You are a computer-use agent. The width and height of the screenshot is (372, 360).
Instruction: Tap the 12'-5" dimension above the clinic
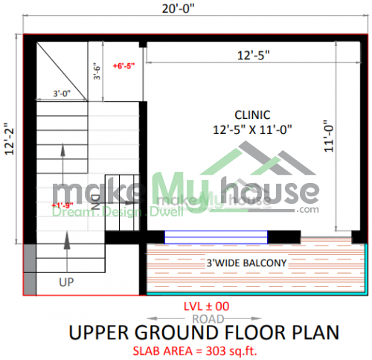point(253,54)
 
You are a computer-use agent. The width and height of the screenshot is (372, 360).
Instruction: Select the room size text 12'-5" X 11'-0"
point(252,129)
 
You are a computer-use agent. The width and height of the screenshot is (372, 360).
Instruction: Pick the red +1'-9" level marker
point(62,205)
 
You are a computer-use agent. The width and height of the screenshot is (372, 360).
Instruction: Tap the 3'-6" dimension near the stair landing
point(96,72)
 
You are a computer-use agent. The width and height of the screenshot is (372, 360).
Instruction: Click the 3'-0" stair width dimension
point(62,94)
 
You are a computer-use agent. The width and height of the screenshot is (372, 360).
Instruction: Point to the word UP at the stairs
point(66,282)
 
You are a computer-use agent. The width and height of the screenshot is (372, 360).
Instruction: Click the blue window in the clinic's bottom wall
point(216,237)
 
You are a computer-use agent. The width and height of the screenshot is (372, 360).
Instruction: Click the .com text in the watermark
point(307,210)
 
